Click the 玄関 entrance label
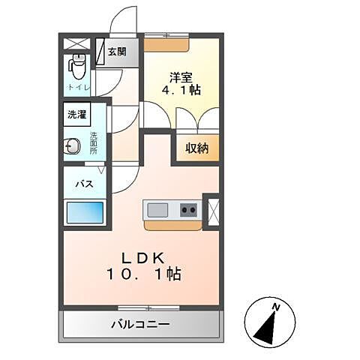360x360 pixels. [116, 52]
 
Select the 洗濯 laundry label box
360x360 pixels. [77, 115]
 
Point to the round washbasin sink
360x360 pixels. [73, 145]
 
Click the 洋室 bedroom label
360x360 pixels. [179, 76]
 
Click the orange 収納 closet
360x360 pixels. [197, 148]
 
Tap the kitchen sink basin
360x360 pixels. [158, 209]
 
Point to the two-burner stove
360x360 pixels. [188, 209]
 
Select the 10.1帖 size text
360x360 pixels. [142, 274]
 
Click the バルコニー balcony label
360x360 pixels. [140, 325]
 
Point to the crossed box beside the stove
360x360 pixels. [211, 211]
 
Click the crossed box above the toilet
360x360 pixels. [75, 43]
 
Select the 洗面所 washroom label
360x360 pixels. [94, 142]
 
